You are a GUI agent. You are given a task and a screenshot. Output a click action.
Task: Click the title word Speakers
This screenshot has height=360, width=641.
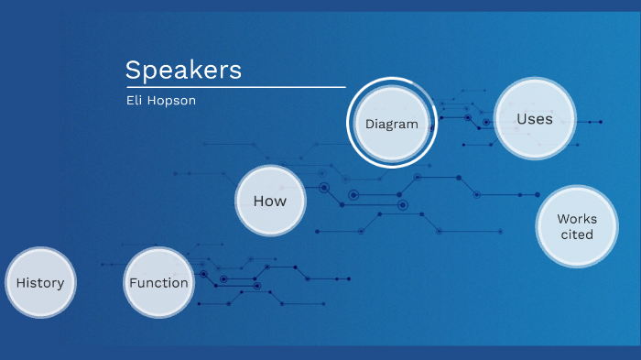coord(183,71)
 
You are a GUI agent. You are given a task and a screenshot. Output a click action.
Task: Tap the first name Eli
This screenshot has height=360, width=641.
coord(136,100)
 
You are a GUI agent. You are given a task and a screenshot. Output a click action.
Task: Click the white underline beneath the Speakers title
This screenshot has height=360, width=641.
coord(235,87)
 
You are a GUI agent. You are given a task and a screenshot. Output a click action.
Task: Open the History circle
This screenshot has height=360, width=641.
coord(40,283)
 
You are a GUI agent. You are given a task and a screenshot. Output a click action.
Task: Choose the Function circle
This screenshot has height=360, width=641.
coord(158,283)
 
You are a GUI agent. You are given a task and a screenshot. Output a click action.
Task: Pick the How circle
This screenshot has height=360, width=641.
coord(270,202)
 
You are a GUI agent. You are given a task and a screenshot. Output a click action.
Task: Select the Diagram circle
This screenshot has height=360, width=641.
coord(392,124)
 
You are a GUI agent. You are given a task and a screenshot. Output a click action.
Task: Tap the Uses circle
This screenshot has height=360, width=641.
coord(535,119)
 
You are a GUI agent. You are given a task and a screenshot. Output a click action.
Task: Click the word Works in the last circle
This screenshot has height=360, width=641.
coord(577,219)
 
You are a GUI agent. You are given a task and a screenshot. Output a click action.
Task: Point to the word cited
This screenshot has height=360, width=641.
coord(577,235)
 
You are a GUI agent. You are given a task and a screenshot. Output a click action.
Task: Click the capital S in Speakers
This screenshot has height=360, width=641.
coord(133,71)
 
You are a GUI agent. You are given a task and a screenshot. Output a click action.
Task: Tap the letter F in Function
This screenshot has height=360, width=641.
coord(133,283)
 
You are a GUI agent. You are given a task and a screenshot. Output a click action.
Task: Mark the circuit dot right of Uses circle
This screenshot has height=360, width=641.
coord(601,121)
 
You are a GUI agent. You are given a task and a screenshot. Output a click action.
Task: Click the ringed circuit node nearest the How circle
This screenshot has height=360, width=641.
coord(323,187)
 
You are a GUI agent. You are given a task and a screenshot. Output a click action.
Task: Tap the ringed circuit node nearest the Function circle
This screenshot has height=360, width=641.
coord(223,278)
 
